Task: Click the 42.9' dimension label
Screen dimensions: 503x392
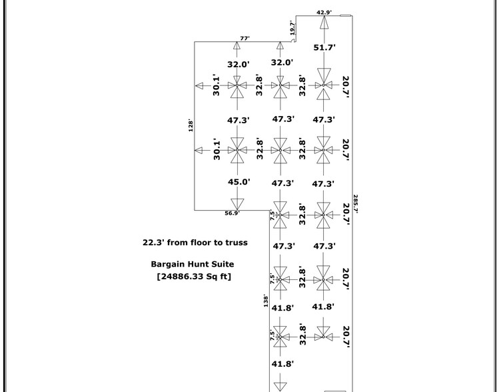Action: pyautogui.click(x=324, y=13)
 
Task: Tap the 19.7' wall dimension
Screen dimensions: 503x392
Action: pyautogui.click(x=292, y=28)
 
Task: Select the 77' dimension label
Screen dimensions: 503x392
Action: pyautogui.click(x=245, y=39)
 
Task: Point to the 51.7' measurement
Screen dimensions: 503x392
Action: pyautogui.click(x=324, y=47)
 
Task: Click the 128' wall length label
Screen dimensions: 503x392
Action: pyautogui.click(x=191, y=126)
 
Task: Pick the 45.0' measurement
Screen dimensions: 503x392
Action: pyautogui.click(x=239, y=182)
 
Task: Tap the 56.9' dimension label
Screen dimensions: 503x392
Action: pyautogui.click(x=232, y=213)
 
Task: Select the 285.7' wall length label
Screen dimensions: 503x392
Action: pyautogui.click(x=356, y=203)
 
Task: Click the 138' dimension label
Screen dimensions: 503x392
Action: pyautogui.click(x=266, y=301)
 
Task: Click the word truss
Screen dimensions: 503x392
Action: pyautogui.click(x=236, y=243)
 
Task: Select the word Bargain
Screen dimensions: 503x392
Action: pyautogui.click(x=167, y=264)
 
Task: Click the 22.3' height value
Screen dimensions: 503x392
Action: pyautogui.click(x=154, y=243)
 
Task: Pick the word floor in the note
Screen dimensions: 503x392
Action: pyautogui.click(x=201, y=243)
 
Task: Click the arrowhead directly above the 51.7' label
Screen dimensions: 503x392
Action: pyautogui.click(x=324, y=21)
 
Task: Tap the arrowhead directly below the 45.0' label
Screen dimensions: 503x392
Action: pyautogui.click(x=237, y=204)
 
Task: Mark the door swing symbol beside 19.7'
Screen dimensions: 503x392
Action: pyautogui.click(x=293, y=40)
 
